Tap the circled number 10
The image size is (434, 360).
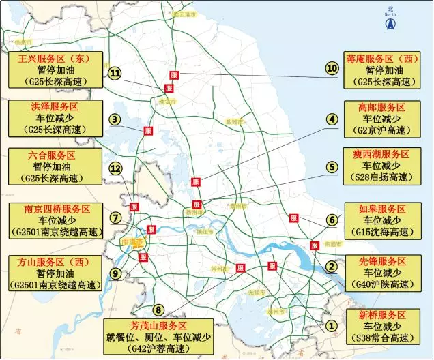[x=332, y=68]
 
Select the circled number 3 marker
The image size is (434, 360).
[x=115, y=119]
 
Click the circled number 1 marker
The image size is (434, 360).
[x=332, y=326]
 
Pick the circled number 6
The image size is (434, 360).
[x=332, y=220]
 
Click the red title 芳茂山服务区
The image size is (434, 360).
[x=158, y=325]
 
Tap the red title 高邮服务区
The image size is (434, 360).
[x=382, y=108]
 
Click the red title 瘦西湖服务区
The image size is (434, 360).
[x=382, y=155]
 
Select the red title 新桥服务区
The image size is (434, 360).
[x=382, y=315]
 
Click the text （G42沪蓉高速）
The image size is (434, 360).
[x=158, y=348]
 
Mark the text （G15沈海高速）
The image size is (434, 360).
[x=382, y=232]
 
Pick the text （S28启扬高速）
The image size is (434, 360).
[x=382, y=178]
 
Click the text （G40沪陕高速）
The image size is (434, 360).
[x=382, y=284]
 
